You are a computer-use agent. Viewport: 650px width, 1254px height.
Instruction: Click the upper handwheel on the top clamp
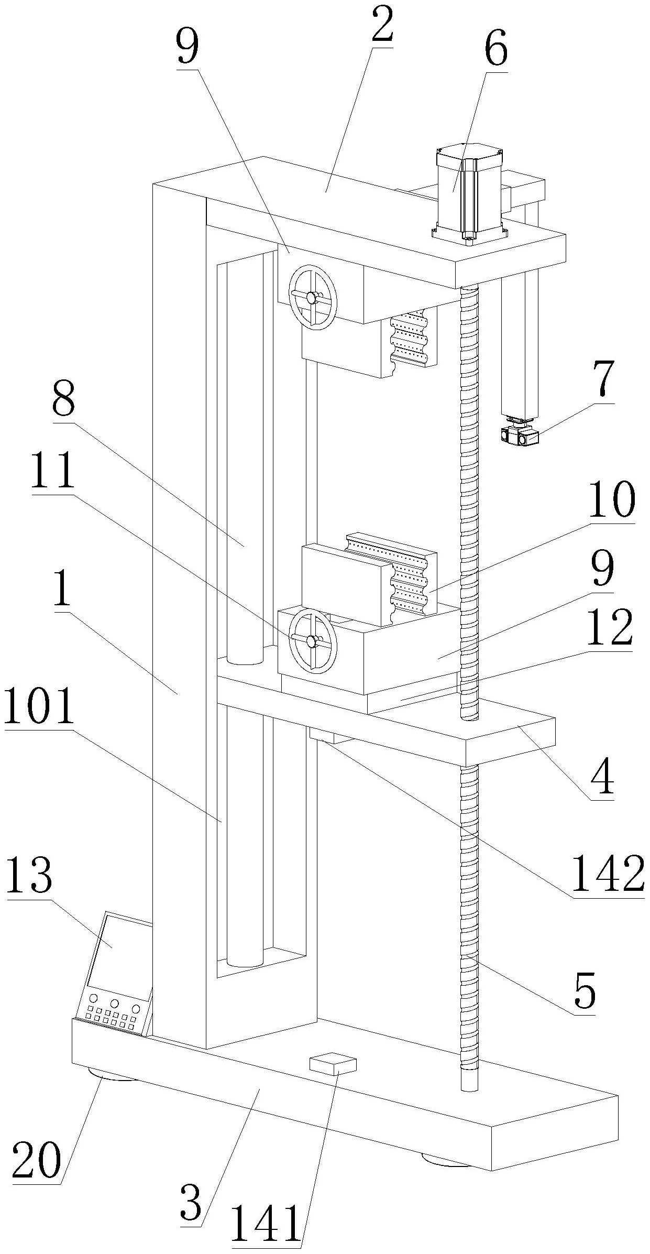pos(314,297)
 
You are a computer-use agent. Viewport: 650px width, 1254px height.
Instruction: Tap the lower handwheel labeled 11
pos(313,641)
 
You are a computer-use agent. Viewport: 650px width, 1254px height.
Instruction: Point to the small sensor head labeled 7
pos(520,434)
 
